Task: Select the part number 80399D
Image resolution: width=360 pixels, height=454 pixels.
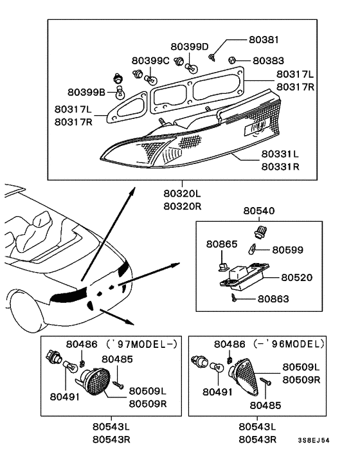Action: pyautogui.click(x=190, y=46)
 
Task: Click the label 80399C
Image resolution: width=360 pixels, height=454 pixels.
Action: pyautogui.click(x=150, y=60)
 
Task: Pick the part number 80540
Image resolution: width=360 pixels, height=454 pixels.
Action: pyautogui.click(x=258, y=211)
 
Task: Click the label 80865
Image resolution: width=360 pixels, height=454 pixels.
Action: pyautogui.click(x=222, y=244)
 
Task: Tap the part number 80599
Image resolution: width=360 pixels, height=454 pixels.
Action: pyautogui.click(x=288, y=249)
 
